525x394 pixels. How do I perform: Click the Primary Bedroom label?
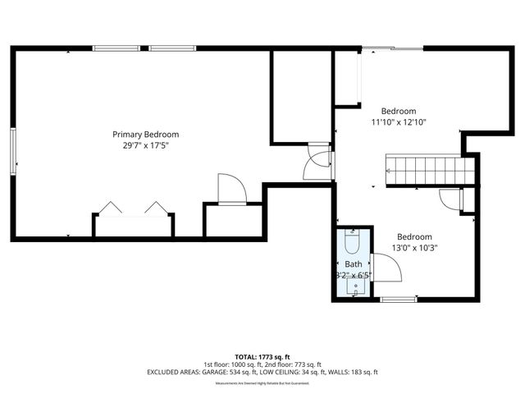(x=145, y=135)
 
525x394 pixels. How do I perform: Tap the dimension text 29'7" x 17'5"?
(x=145, y=145)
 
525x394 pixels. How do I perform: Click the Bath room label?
(x=354, y=263)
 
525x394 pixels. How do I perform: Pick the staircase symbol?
(x=431, y=171)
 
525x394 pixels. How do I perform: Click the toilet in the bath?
(x=353, y=244)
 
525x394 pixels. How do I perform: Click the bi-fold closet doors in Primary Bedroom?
(x=133, y=208)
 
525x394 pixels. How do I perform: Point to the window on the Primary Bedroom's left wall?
(x=12, y=151)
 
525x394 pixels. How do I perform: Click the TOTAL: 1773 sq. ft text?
(x=262, y=356)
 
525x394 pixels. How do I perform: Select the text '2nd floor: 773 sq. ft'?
(x=292, y=364)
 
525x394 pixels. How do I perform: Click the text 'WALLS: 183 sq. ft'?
(x=353, y=372)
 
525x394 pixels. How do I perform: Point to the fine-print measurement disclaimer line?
(x=262, y=383)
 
